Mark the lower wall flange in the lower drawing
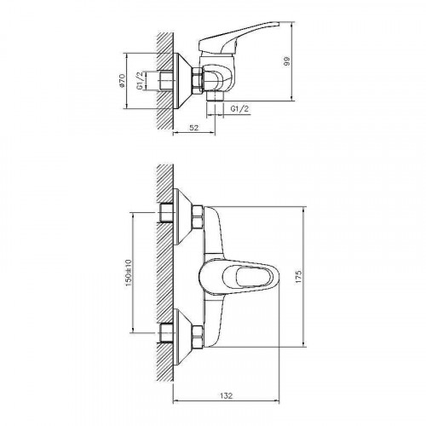click(x=182, y=330)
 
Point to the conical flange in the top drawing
click(x=183, y=81)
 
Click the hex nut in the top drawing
click(x=198, y=81)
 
